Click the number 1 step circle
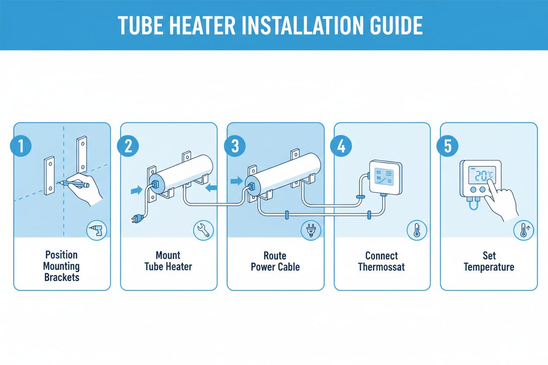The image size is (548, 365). coord(21,146)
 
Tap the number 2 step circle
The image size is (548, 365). coord(128,146)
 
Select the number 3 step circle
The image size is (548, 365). coord(235,146)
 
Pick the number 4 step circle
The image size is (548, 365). coord(341,146)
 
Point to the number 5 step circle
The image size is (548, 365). coord(447,146)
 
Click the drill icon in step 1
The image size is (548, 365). coord(97,231)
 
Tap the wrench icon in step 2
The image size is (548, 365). coord(204,231)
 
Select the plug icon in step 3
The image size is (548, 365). coord(311,231)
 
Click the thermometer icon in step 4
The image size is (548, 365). coord(417,231)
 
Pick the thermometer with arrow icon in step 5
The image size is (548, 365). coord(523,231)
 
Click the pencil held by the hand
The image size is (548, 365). coord(73,184)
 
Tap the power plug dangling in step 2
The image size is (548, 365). coord(137,218)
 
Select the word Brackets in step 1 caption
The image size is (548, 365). coord(62,277)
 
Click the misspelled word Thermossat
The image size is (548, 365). coord(382,267)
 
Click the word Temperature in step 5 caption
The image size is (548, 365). coord(489,267)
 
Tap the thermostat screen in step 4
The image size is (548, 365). coord(384,176)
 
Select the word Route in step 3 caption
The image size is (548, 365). coord(275,256)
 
